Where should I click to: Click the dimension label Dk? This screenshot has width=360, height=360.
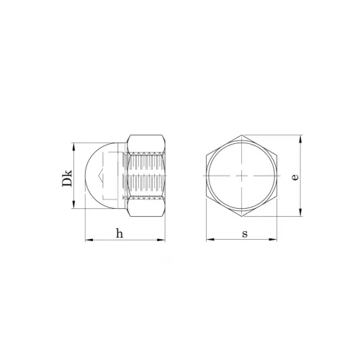click(x=67, y=179)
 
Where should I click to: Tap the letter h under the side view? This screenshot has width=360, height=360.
click(x=120, y=233)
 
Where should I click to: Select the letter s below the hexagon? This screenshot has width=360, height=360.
click(x=245, y=234)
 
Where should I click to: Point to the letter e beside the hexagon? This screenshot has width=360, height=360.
click(x=295, y=177)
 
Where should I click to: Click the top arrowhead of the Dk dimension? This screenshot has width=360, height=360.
click(x=73, y=147)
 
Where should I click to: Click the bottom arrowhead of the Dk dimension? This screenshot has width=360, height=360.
click(x=73, y=205)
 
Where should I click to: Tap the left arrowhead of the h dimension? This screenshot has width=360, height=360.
click(x=89, y=240)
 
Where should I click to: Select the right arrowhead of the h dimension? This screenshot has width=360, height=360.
click(x=161, y=240)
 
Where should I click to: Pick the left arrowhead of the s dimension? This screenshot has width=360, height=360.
click(x=210, y=239)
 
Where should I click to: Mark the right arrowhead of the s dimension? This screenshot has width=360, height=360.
click(x=273, y=239)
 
